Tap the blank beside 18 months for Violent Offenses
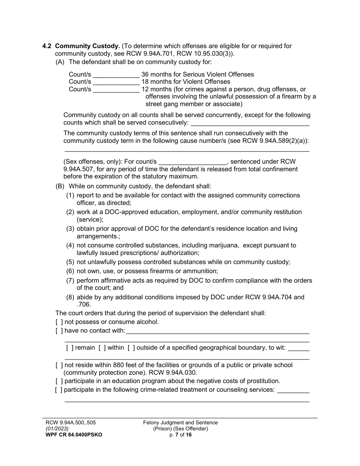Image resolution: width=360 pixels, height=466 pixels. point(116,82)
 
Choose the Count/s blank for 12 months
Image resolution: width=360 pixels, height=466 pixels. point(116,90)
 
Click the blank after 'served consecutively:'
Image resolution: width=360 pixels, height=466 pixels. point(250,123)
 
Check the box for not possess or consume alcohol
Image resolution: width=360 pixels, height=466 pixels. point(59,322)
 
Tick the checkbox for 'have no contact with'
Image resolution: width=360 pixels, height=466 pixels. point(59,331)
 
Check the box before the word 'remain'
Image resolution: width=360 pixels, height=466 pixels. point(70,348)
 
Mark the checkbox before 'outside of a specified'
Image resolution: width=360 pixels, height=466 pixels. point(131,348)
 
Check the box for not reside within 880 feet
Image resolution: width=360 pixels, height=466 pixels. point(59,365)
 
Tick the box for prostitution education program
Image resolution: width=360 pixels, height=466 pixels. point(59,381)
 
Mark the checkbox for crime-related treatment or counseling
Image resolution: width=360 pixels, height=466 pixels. point(59,390)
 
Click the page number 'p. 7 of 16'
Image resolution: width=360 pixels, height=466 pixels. point(180,435)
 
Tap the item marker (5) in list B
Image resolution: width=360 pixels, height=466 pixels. point(70,262)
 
